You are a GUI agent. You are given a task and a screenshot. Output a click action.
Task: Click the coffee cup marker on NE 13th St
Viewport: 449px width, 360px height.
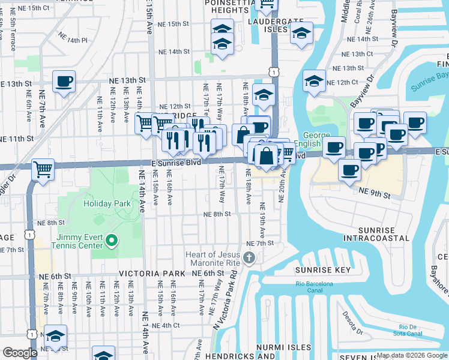point(64,82)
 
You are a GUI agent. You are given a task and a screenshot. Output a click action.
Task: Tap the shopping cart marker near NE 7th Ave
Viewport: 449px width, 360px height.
point(43,170)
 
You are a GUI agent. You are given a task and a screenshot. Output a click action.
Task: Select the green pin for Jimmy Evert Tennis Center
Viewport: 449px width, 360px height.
point(111,241)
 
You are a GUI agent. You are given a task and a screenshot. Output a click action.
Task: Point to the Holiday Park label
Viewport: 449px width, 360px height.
point(107,203)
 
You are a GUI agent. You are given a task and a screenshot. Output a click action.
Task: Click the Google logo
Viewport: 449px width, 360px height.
point(20,353)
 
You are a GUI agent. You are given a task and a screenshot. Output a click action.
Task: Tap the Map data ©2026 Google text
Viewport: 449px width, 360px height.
point(412,355)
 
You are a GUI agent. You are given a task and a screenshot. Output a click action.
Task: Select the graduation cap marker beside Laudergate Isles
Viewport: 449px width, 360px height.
point(302,34)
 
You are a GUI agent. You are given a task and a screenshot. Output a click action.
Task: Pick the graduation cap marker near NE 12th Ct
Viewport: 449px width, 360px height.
point(314,80)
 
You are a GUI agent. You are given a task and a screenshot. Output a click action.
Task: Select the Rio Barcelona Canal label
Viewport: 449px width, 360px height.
point(313,288)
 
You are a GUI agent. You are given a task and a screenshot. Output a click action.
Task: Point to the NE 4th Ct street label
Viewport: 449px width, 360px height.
point(166,325)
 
